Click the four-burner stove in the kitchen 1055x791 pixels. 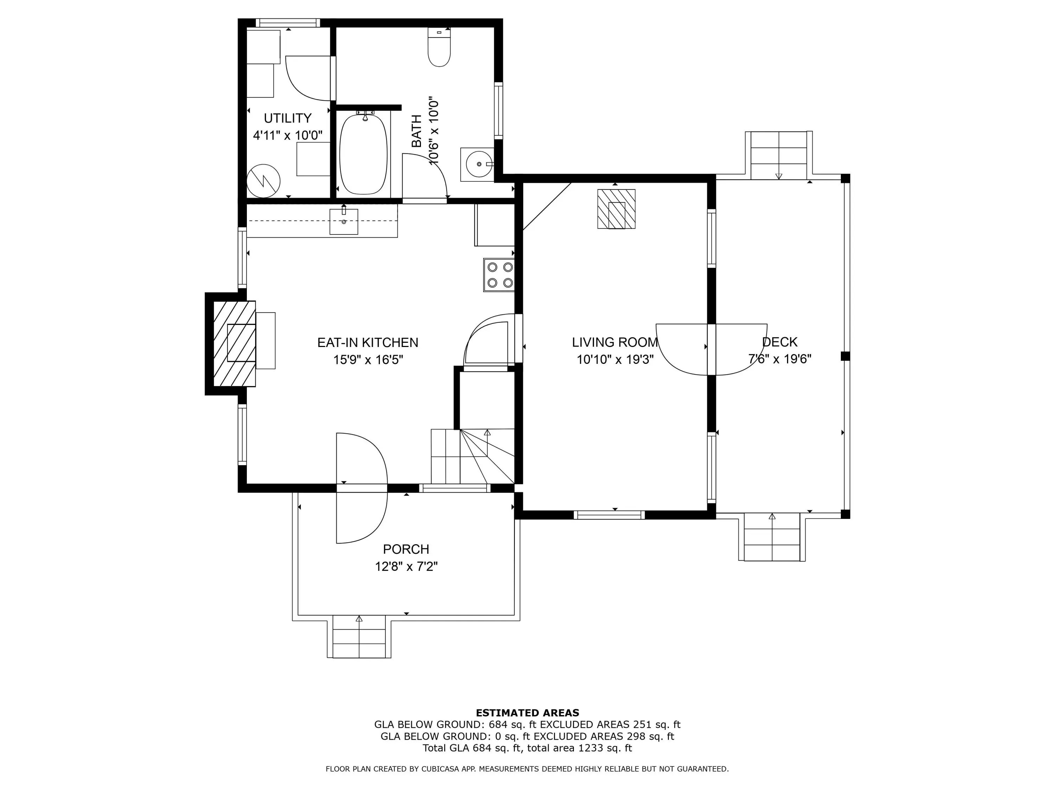click(x=499, y=275)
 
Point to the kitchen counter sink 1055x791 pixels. click(x=343, y=222)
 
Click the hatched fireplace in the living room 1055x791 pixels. click(x=616, y=209)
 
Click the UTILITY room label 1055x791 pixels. click(x=288, y=118)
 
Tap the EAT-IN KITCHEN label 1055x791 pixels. click(x=368, y=342)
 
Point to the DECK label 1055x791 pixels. click(x=780, y=342)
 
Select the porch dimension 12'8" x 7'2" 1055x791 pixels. click(x=407, y=566)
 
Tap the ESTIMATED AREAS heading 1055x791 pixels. click(x=527, y=713)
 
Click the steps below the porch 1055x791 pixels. click(x=359, y=637)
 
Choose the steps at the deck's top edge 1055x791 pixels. click(x=779, y=155)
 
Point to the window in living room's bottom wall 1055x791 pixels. click(x=609, y=515)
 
